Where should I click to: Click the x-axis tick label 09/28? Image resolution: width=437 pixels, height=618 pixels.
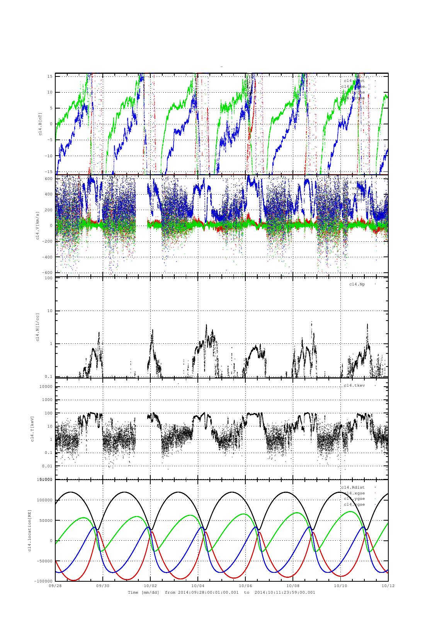click(55, 586)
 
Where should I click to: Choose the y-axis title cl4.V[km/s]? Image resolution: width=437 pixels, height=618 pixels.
click(37, 226)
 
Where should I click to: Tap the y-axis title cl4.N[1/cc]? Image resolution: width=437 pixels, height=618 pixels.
click(37, 327)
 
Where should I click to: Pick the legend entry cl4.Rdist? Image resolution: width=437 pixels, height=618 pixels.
click(353, 487)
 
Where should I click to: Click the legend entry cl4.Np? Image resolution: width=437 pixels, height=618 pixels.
click(357, 284)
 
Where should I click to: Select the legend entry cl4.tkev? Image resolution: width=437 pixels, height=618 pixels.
click(355, 385)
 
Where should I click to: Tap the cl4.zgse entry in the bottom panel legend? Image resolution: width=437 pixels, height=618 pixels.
click(354, 504)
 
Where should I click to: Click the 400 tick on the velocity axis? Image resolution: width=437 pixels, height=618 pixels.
click(48, 194)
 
